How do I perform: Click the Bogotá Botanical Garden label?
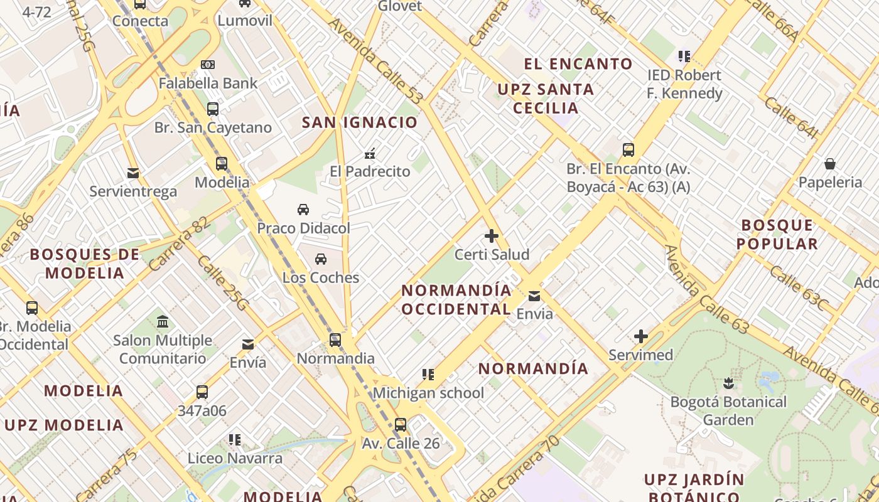coord(728,410)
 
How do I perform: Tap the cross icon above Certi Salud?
coord(492,237)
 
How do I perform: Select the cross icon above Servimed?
coord(641,337)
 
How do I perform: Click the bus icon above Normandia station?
coord(335,340)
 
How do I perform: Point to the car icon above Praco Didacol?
coord(303,209)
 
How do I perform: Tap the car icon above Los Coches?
coord(321,259)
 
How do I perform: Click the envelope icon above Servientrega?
coord(133,173)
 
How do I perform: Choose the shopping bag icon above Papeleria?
coord(830,164)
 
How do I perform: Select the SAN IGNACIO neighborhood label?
coord(360,122)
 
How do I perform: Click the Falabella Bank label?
coord(208,83)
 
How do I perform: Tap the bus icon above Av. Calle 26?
coord(401,424)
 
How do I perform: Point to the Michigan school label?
coord(428,393)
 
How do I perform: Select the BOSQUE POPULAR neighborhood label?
coord(777,234)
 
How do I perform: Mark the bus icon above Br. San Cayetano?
coord(213,109)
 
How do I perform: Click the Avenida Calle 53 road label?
coord(376,61)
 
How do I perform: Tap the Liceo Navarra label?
coord(235,458)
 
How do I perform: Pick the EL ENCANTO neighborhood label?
coord(578,64)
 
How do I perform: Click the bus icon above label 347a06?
coord(202,392)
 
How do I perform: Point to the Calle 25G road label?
coord(223,282)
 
